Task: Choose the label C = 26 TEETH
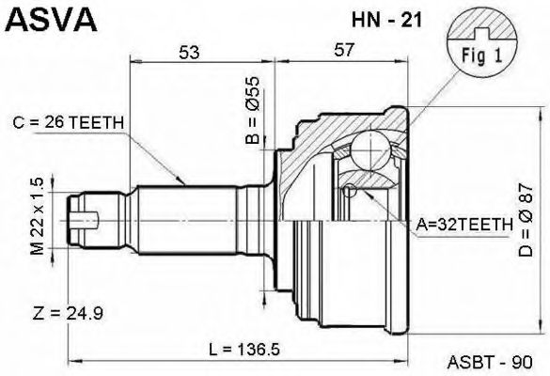pyautogui.click(x=70, y=122)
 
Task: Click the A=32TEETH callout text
pyautogui.click(x=464, y=224)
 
